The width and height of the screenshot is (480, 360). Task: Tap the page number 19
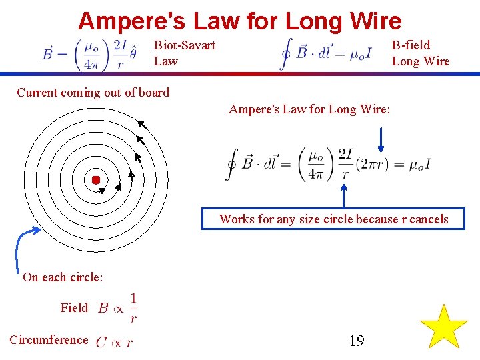point(357,341)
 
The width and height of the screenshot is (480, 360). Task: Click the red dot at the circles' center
point(96,180)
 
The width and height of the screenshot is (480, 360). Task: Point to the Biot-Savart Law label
point(184,53)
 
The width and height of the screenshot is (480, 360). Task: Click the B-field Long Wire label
point(420,53)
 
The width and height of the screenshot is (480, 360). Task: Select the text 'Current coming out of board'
point(93,93)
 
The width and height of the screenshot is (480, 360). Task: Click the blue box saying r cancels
point(333,219)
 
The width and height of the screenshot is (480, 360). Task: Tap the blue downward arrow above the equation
point(381,139)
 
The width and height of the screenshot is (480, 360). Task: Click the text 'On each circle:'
point(63,277)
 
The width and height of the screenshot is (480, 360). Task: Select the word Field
point(74,307)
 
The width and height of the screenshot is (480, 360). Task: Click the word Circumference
point(49,340)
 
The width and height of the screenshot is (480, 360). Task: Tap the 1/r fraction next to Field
point(133,307)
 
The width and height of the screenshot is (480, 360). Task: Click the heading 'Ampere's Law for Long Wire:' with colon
point(309,109)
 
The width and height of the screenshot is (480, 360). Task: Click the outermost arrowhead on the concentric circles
point(141,122)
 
